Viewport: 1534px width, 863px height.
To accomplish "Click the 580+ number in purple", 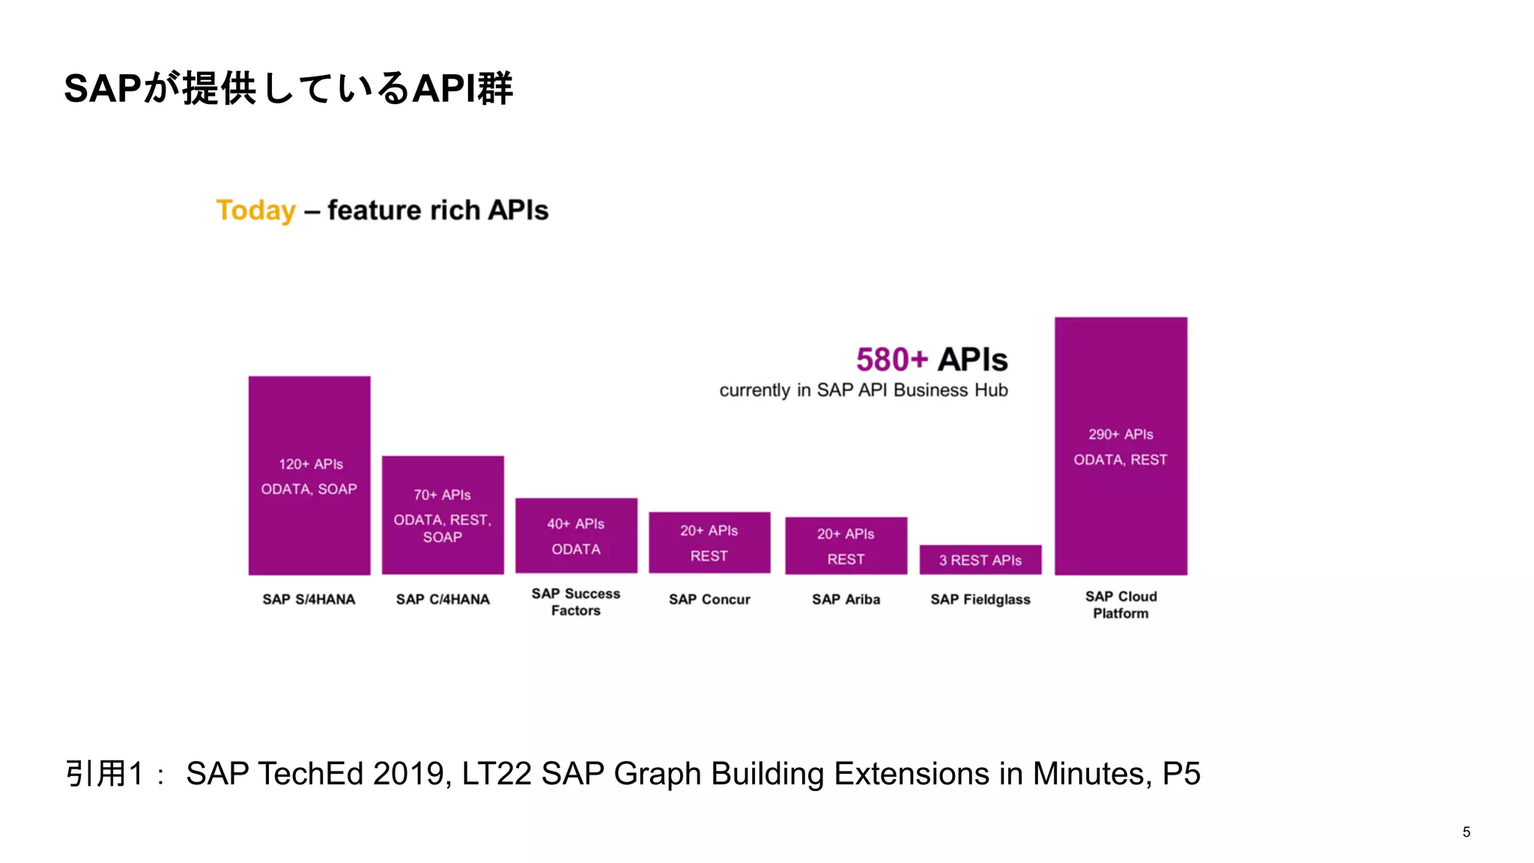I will coord(892,360).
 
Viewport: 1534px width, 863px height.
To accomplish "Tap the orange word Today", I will coord(255,211).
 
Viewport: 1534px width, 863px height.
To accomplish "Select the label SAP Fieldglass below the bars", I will coord(980,599).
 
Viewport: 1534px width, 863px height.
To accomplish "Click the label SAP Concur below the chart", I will coord(709,599).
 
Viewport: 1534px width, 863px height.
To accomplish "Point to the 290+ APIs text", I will coord(1121,434).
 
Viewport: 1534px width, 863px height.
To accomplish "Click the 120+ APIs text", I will coord(310,464).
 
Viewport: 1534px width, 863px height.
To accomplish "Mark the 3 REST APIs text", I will coord(980,560).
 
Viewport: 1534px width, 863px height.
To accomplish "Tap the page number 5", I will coord(1466,832).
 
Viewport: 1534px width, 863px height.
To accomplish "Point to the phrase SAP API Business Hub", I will coord(912,390).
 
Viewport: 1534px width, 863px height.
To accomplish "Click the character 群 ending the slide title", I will coord(496,89).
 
